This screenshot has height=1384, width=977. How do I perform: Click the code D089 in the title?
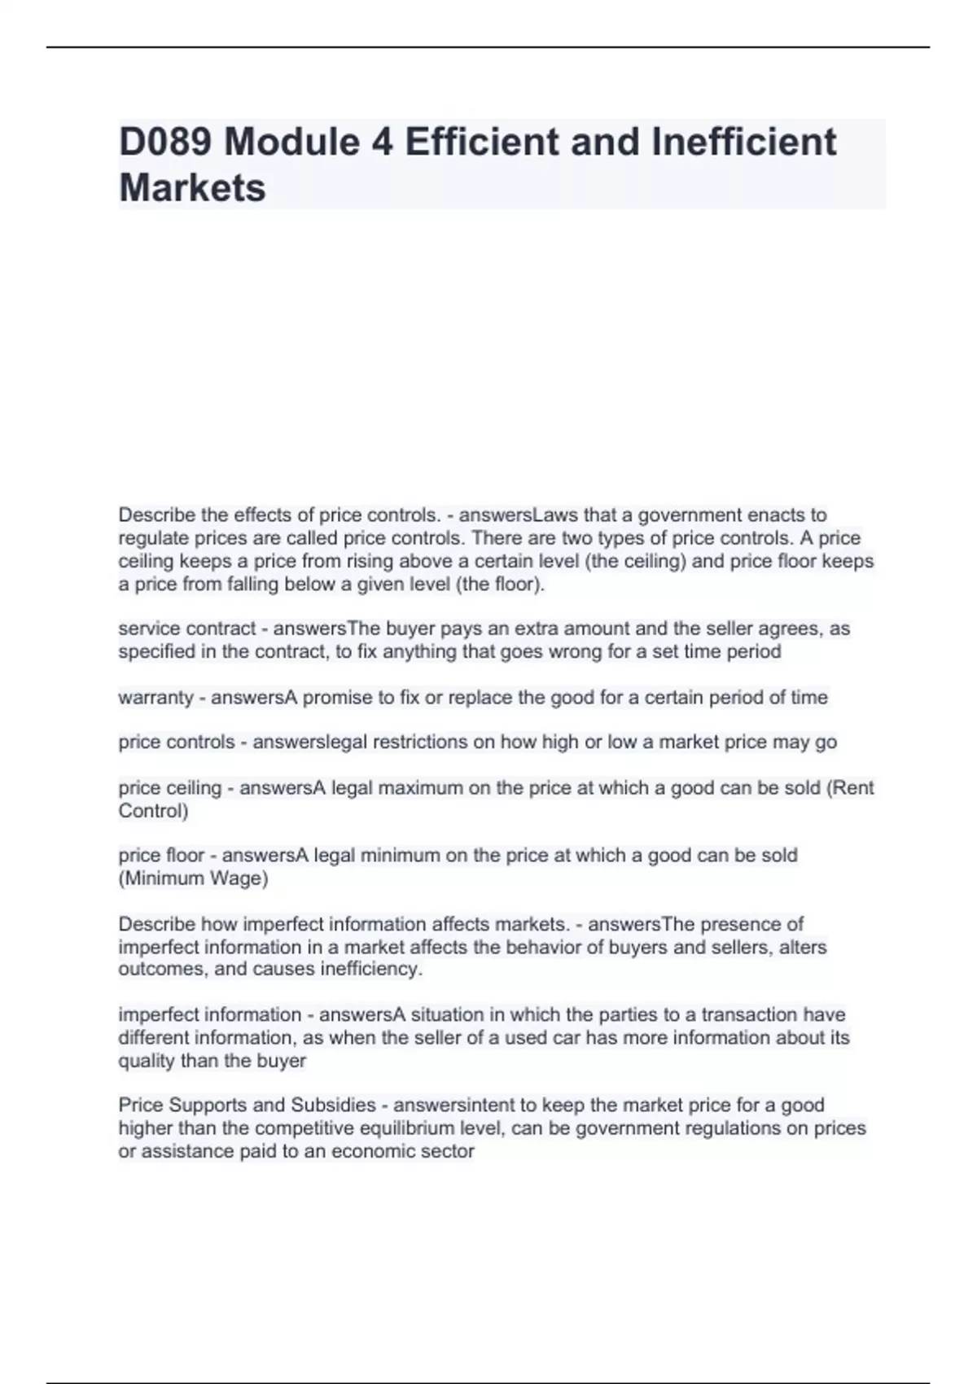click(x=166, y=142)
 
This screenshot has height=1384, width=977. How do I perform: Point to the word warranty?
click(x=156, y=698)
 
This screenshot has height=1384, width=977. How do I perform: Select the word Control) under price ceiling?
click(x=153, y=811)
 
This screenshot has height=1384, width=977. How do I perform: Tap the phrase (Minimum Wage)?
click(x=193, y=878)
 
